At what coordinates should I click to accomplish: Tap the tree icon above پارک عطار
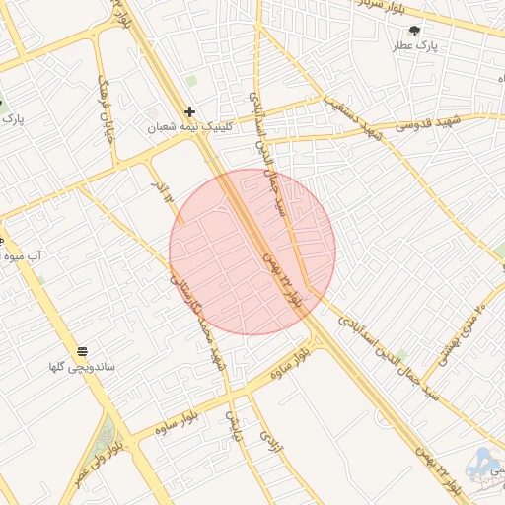[x=414, y=31]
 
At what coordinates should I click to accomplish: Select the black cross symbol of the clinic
[x=190, y=112]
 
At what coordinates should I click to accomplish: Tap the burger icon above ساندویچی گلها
[x=83, y=351]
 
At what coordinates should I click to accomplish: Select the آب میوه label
[x=21, y=256]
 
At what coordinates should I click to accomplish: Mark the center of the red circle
[x=252, y=252]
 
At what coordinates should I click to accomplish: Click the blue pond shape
[x=483, y=465]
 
